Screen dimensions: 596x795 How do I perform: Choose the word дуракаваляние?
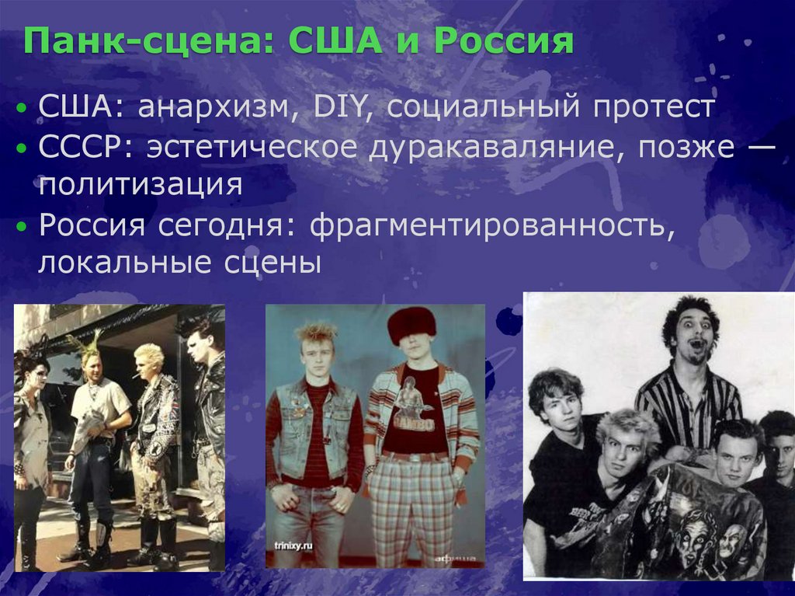pyautogui.click(x=489, y=147)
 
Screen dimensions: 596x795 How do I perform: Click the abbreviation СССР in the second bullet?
pyautogui.click(x=77, y=147)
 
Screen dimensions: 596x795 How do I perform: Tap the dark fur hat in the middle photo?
pyautogui.click(x=411, y=322)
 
